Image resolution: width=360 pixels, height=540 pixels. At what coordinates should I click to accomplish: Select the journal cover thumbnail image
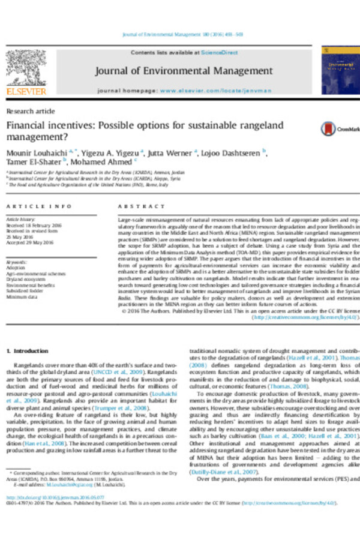339,70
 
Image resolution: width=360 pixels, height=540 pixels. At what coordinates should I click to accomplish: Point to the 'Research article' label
31,112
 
